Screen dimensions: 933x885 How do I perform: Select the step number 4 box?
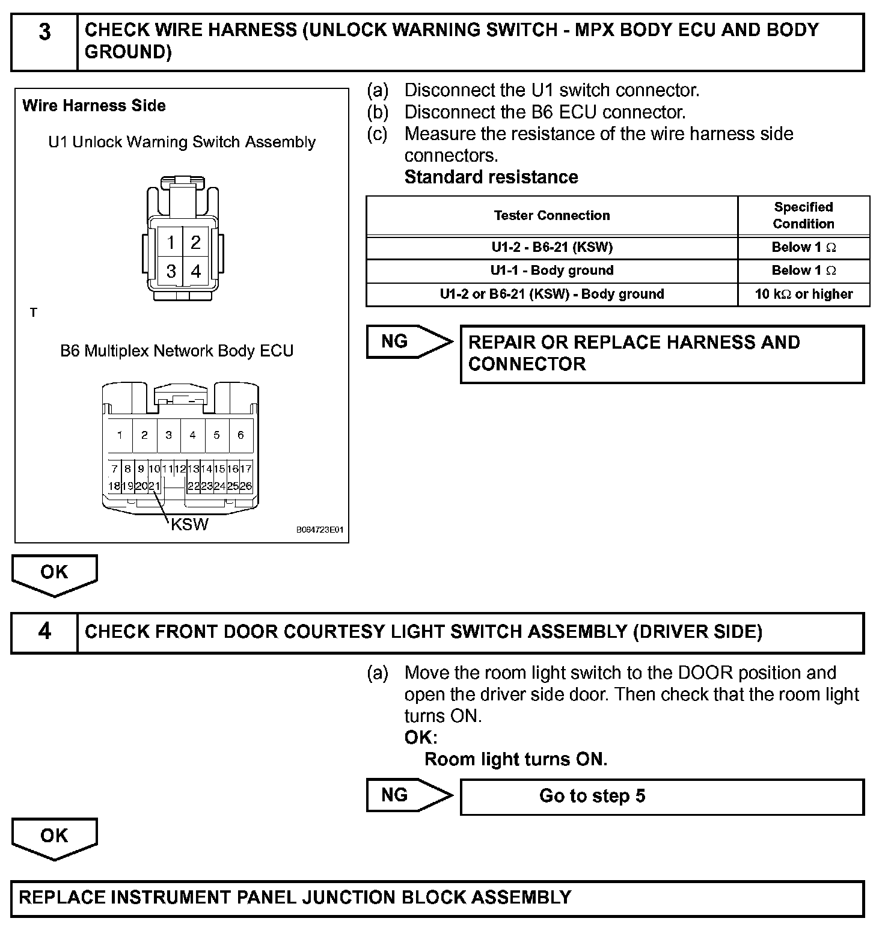[44, 632]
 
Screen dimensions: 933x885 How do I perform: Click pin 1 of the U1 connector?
[171, 242]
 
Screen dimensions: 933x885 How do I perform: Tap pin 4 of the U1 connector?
[195, 272]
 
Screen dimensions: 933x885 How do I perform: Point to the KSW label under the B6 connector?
[189, 524]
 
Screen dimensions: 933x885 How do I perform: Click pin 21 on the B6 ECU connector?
[155, 486]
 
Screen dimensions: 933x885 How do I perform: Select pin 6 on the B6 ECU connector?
[240, 435]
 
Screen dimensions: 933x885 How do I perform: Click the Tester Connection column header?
[551, 216]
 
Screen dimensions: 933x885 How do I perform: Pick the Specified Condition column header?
[803, 216]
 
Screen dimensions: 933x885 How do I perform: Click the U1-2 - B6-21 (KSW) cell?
[551, 248]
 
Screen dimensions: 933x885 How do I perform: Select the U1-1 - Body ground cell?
[551, 271]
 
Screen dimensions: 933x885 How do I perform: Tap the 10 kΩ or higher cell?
[803, 295]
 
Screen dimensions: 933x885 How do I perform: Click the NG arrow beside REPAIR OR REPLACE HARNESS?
[409, 342]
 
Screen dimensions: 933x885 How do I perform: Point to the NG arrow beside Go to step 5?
[409, 795]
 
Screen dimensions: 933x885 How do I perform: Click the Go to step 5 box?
[661, 797]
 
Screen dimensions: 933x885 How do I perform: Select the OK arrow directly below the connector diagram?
[54, 574]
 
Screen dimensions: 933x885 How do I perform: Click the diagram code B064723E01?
[319, 530]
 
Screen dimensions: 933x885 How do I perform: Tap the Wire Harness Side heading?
[94, 106]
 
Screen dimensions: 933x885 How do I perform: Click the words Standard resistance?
[491, 177]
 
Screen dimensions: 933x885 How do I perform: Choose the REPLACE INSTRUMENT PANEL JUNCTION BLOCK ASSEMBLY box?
[437, 898]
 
